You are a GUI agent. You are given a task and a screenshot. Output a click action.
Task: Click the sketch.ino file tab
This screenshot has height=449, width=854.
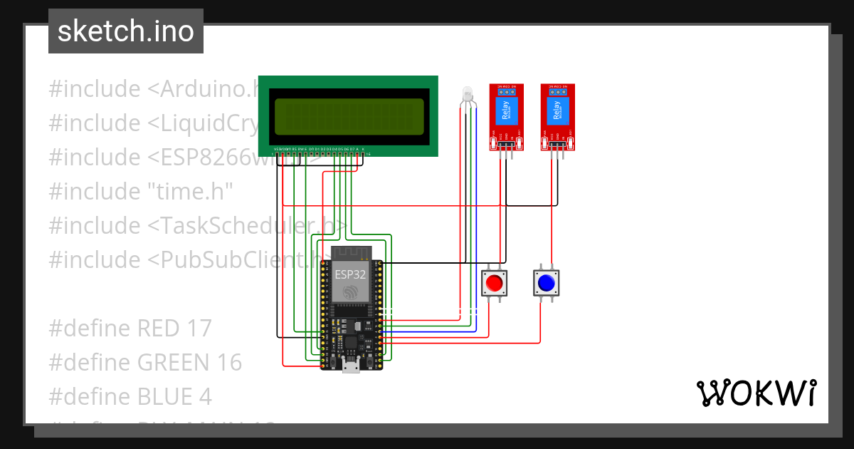click(126, 32)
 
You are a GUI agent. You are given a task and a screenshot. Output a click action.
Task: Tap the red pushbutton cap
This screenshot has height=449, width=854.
click(494, 284)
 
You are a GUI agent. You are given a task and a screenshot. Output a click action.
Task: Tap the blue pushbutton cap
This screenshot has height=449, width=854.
click(546, 284)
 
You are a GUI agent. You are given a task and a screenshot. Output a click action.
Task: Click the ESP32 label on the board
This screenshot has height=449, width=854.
click(350, 273)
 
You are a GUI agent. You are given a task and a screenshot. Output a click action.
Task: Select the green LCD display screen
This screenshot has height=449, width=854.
click(349, 115)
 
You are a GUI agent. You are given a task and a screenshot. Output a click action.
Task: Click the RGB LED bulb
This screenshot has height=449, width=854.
click(467, 93)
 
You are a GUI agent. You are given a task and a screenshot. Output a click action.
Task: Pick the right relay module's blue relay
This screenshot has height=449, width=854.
click(557, 113)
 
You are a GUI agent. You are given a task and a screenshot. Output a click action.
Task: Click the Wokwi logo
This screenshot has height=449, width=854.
click(756, 393)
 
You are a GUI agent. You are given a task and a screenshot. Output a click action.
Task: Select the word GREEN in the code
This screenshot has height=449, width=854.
click(176, 362)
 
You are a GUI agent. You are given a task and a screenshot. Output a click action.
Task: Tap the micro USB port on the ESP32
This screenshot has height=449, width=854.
click(351, 367)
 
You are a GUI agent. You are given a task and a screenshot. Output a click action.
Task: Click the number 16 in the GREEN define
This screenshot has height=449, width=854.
click(228, 362)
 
